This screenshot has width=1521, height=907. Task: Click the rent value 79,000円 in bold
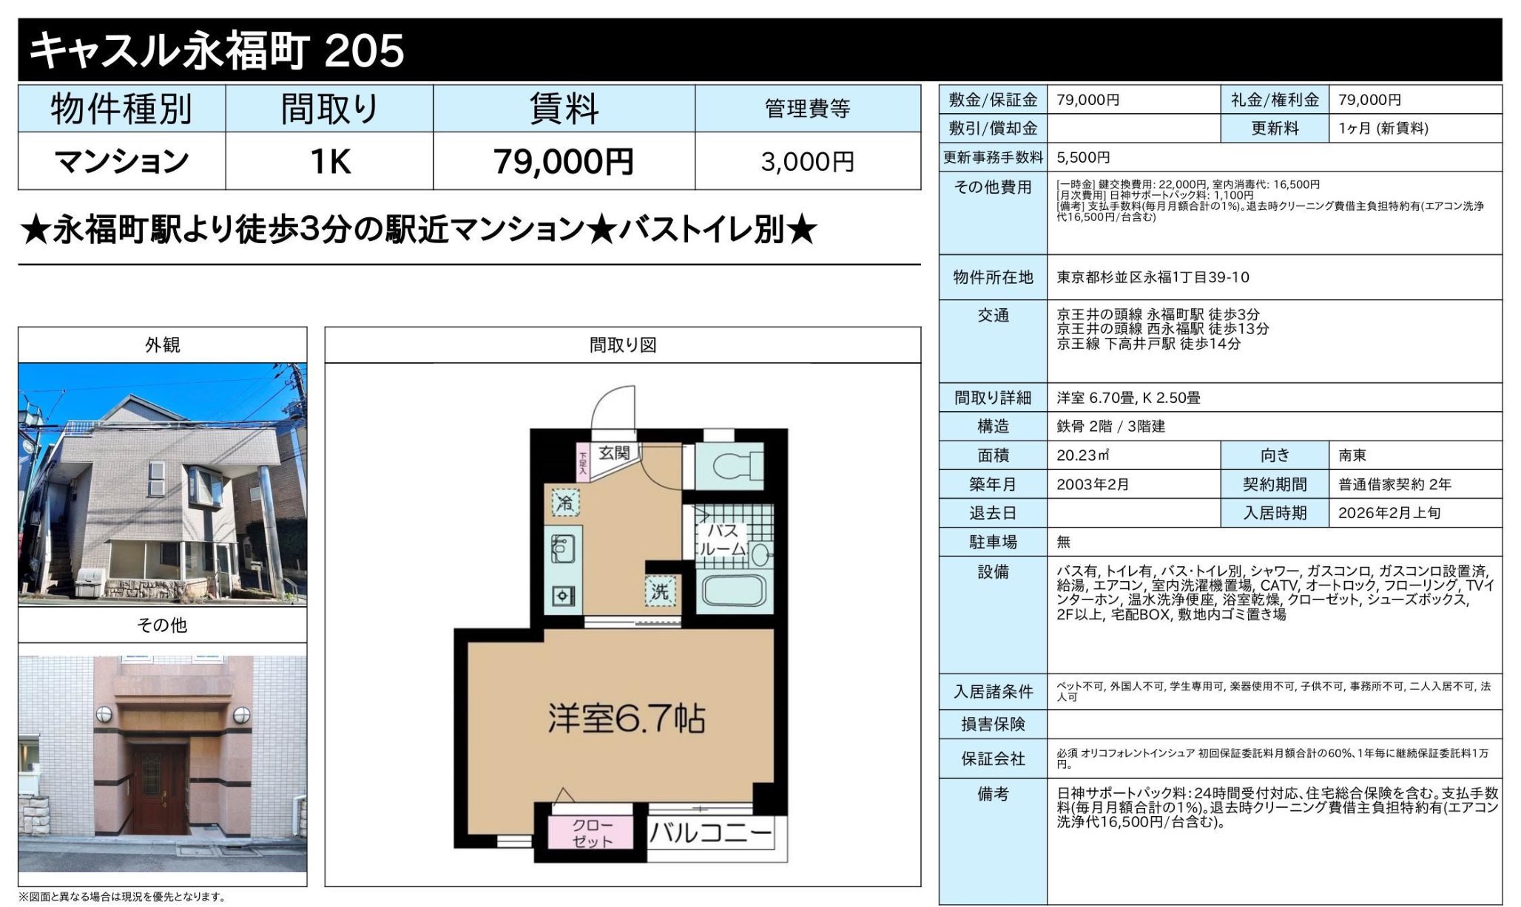pyautogui.click(x=563, y=162)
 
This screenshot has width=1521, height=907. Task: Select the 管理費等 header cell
pyautogui.click(x=807, y=109)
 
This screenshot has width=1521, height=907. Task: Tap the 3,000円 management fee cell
pyautogui.click(x=807, y=162)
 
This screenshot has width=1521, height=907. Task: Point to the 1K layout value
pyautogui.click(x=329, y=162)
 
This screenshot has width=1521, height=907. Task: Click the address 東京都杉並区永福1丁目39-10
pyautogui.click(x=1153, y=277)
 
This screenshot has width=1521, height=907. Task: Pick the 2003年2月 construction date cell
pyautogui.click(x=1093, y=484)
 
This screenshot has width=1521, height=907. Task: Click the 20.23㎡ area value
pyautogui.click(x=1083, y=455)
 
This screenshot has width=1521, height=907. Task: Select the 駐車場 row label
pyautogui.click(x=993, y=542)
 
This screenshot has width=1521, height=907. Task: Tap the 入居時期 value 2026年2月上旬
pyautogui.click(x=1389, y=513)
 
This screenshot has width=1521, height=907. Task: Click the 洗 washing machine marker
pyautogui.click(x=660, y=591)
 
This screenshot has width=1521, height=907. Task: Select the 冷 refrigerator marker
pyautogui.click(x=565, y=503)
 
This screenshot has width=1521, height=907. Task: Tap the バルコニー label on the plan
pyautogui.click(x=710, y=834)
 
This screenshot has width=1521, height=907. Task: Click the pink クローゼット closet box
pyautogui.click(x=592, y=833)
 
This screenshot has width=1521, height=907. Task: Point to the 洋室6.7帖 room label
pyautogui.click(x=626, y=718)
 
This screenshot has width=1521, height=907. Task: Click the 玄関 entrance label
pyautogui.click(x=613, y=452)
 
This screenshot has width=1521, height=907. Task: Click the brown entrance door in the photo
pyautogui.click(x=159, y=788)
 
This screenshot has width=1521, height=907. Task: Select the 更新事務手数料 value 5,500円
pyautogui.click(x=1083, y=157)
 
